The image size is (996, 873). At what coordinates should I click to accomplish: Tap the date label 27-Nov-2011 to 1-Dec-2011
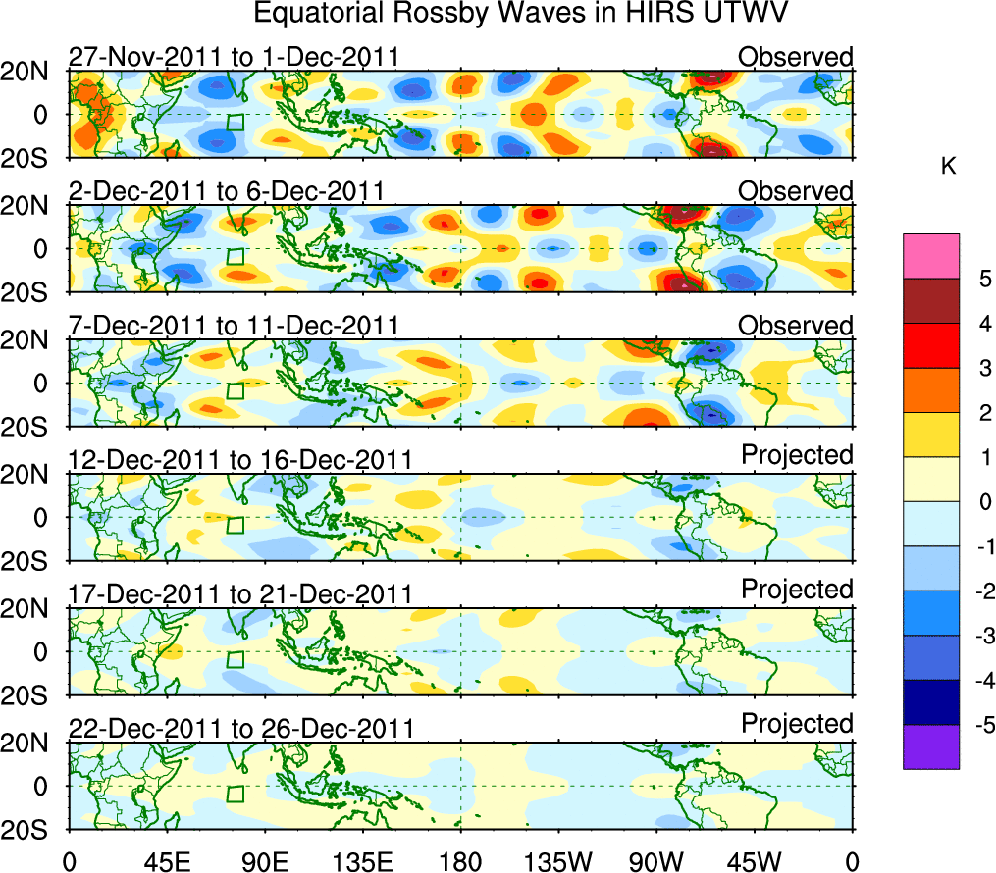(234, 57)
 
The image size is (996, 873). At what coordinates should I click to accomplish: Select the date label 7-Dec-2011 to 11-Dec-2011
(234, 326)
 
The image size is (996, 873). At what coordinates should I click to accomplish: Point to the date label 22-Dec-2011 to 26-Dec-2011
(240, 729)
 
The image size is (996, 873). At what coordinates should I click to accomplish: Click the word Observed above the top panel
(795, 57)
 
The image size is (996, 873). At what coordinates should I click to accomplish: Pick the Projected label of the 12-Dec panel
(797, 455)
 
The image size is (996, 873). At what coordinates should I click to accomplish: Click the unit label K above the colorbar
(948, 167)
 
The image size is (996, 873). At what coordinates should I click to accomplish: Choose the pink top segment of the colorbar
(930, 256)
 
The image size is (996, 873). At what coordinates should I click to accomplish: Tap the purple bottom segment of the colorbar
(930, 747)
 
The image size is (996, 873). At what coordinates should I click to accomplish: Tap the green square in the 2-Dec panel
(235, 256)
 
